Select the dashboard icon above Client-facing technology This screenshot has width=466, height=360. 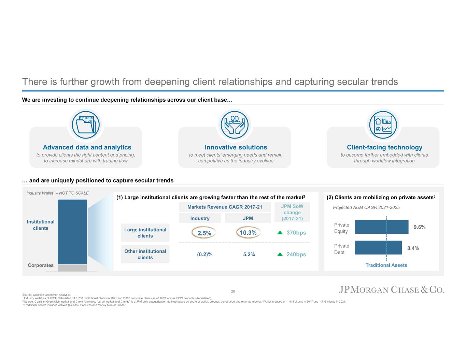pos(383,125)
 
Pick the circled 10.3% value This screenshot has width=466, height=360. pos(248,233)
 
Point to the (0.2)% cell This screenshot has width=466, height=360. pos(204,254)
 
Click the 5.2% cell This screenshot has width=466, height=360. pos(249,254)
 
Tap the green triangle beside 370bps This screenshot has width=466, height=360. pos(280,232)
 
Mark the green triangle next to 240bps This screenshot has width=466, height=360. pos(280,254)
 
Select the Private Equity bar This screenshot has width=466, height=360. pos(381,227)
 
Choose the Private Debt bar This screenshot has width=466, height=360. pos(378,248)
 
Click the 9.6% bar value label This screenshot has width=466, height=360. pos(419,227)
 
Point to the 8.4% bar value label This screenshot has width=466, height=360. pos(413,248)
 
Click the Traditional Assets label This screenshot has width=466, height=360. pos(386,265)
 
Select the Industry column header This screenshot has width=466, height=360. pos(200,218)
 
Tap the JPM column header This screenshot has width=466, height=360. pos(248,218)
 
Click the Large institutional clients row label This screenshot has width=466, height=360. pos(145,233)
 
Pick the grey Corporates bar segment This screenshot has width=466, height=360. pos(72,268)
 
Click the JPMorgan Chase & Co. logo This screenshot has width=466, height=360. pos(391,290)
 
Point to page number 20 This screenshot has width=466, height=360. pos(233,291)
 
